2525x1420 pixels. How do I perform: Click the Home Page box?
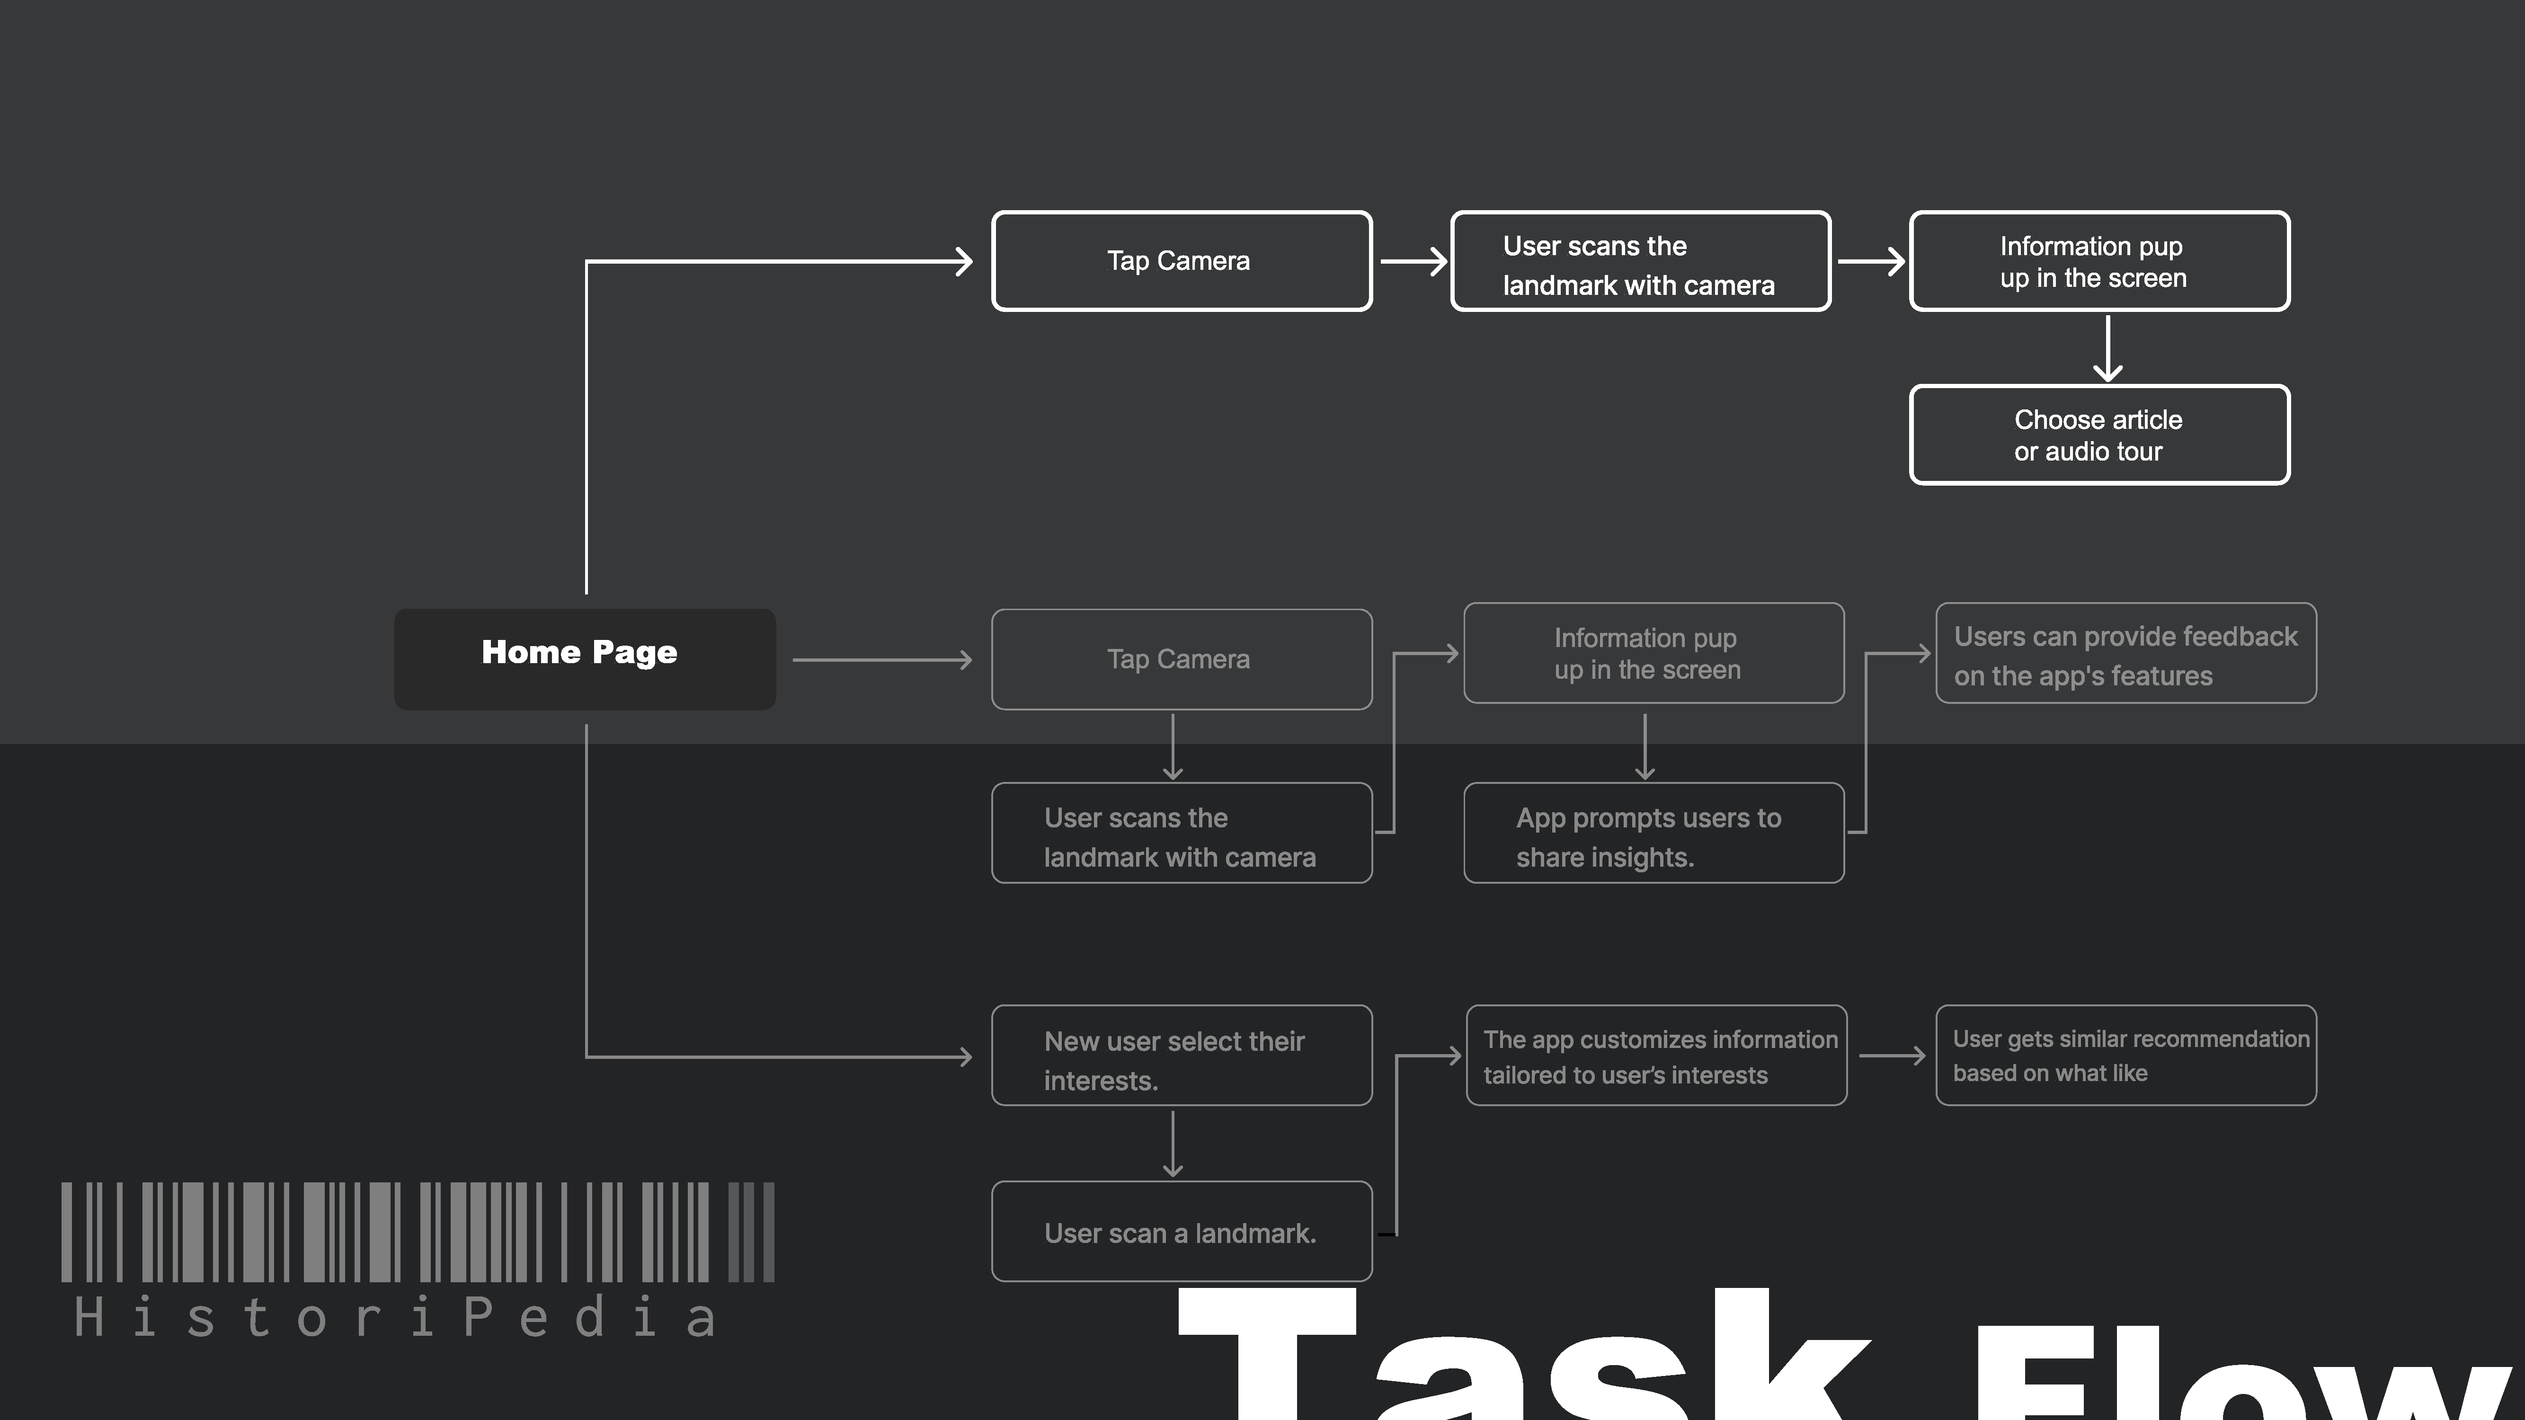[584, 658]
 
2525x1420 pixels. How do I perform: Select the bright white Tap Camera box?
[1181, 261]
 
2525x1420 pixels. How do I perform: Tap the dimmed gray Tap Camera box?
[1181, 658]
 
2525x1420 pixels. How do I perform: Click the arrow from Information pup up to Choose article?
[2107, 348]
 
